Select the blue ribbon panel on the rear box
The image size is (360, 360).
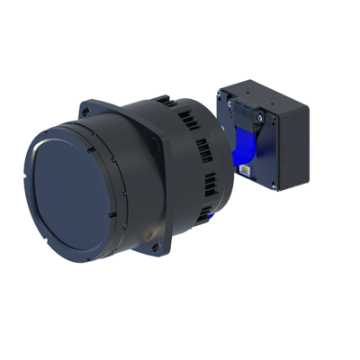244,148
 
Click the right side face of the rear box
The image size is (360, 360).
292,148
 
